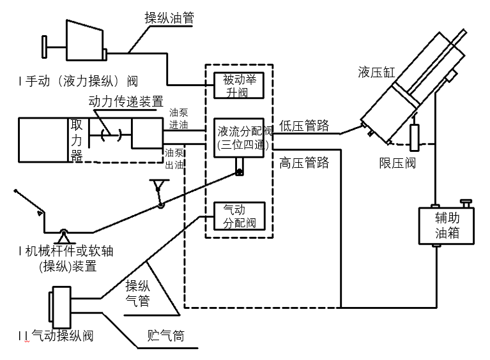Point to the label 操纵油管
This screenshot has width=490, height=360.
[169, 18]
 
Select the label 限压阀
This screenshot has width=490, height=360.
[397, 163]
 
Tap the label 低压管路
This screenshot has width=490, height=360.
[305, 126]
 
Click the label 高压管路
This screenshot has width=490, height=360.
[305, 163]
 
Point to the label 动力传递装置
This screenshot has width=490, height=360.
[126, 101]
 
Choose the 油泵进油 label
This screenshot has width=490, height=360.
[178, 119]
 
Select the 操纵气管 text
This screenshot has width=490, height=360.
[137, 293]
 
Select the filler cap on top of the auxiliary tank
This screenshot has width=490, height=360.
[468, 204]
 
